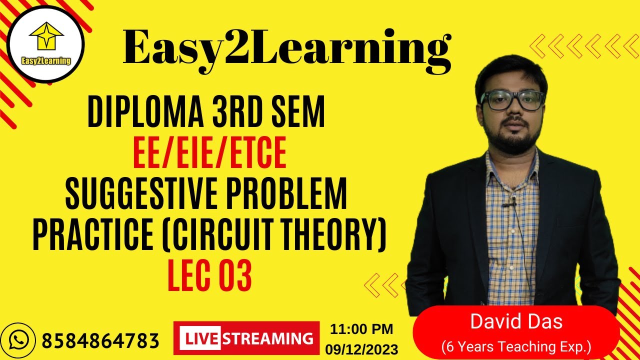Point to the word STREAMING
pyautogui.click(x=267, y=338)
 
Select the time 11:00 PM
pyautogui.click(x=361, y=329)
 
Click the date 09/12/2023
pyautogui.click(x=361, y=348)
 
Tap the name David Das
pyautogui.click(x=516, y=321)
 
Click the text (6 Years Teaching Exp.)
pyautogui.click(x=516, y=345)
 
